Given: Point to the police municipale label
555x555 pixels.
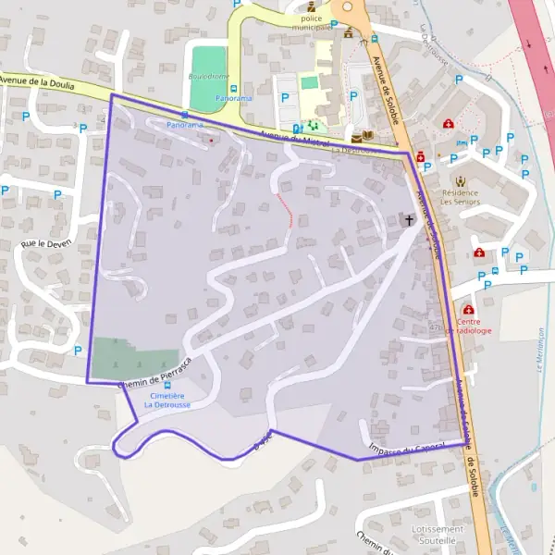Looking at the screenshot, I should point(312,23).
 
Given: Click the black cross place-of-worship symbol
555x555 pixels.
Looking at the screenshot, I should point(409,220).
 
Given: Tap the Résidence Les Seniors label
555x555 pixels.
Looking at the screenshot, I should point(459,195).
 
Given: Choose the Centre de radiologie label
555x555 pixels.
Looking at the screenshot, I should point(468,325).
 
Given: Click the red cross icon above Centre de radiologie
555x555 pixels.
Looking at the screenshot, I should point(468,310).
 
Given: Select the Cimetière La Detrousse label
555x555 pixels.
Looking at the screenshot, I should point(166,401).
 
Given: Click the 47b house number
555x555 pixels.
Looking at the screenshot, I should point(436,327).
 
